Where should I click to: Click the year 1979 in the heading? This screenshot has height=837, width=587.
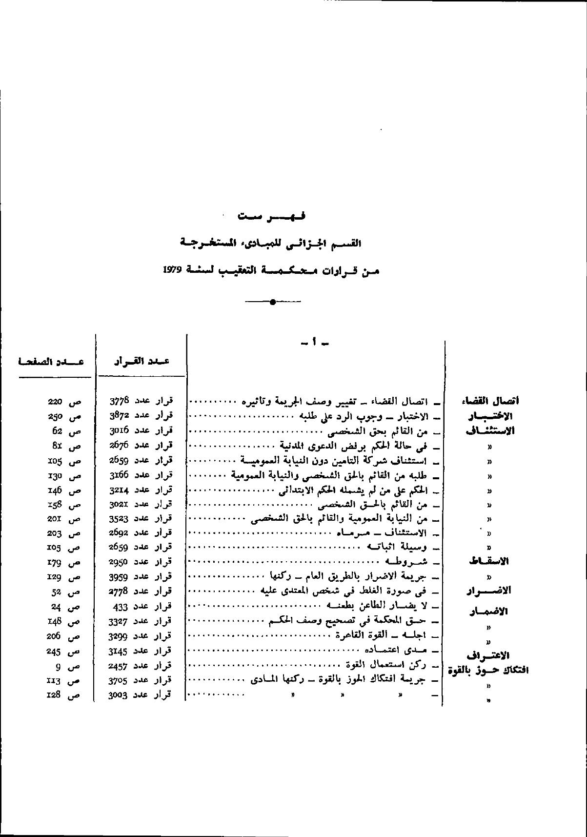click(x=172, y=270)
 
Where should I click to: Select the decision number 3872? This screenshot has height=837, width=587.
click(x=119, y=416)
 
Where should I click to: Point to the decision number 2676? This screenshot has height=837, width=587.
click(x=119, y=446)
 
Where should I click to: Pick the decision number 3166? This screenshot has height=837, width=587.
click(x=119, y=475)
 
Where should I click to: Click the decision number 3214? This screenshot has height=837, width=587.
click(x=119, y=490)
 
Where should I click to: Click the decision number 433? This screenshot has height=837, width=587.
click(x=120, y=607)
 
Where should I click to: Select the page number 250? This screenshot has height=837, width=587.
click(x=55, y=417)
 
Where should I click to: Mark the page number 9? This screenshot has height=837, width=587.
click(x=58, y=666)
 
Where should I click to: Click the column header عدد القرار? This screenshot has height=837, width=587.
click(x=142, y=361)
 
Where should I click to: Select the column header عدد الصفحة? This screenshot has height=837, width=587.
click(x=51, y=362)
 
